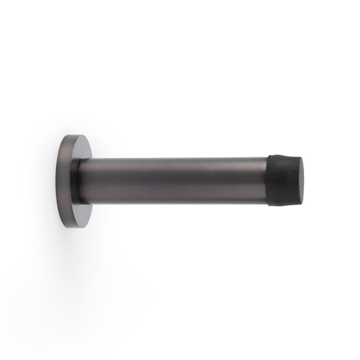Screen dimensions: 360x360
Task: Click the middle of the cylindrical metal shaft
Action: pyautogui.click(x=173, y=180)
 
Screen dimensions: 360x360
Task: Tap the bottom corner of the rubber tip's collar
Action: pyautogui.click(x=269, y=205)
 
